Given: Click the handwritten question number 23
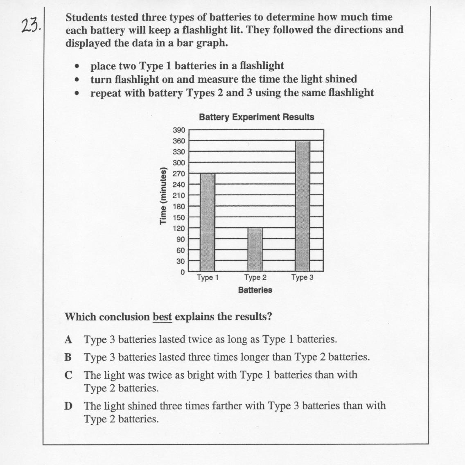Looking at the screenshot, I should tap(31, 26).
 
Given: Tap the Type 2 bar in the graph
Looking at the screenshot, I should tap(255, 250).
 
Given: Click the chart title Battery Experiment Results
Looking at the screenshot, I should tap(257, 117).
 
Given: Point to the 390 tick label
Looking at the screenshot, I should tap(179, 130).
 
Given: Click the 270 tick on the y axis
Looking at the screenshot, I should tap(179, 174).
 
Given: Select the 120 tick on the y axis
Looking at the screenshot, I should tap(179, 228).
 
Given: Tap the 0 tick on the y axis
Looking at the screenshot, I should tap(183, 272).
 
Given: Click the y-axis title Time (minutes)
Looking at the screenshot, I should tap(163, 196).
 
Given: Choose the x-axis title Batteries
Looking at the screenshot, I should tap(255, 290).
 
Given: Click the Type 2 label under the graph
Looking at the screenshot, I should tap(255, 278).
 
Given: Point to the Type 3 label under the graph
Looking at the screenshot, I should tap(302, 278).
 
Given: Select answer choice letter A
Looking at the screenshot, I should tap(68, 339).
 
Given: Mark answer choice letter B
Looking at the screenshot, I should tap(68, 357).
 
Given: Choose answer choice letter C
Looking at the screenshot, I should tap(68, 375).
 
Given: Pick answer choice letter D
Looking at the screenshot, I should tap(68, 406).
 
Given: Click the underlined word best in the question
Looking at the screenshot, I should tap(162, 317).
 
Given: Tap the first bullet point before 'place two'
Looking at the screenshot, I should tap(76, 66).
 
